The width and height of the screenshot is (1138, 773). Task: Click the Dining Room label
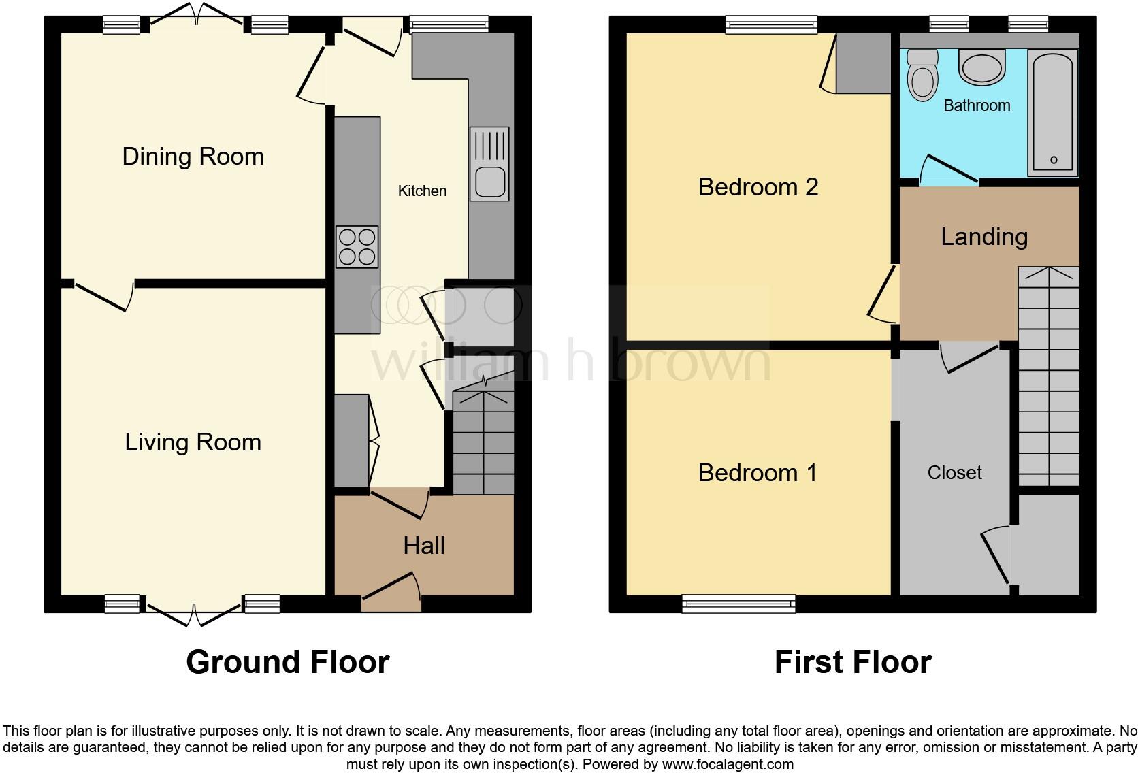pyautogui.click(x=193, y=157)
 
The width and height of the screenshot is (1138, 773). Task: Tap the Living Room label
pyautogui.click(x=193, y=442)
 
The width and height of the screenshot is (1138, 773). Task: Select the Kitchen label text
pyautogui.click(x=422, y=191)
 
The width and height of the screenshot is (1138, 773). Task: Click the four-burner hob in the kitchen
pyautogui.click(x=357, y=246)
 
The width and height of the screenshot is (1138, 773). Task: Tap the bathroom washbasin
pyautogui.click(x=981, y=67)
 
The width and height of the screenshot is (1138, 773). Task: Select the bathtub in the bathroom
pyautogui.click(x=1052, y=112)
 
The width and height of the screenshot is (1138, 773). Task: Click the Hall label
pyautogui.click(x=424, y=546)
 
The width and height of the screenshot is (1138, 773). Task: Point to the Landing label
pyautogui.click(x=984, y=237)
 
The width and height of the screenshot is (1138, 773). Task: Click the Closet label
pyautogui.click(x=954, y=473)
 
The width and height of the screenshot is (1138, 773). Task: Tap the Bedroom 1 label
pyautogui.click(x=758, y=473)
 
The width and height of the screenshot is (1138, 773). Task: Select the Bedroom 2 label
pyautogui.click(x=758, y=187)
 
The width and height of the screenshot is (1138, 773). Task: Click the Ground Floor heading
pyautogui.click(x=287, y=662)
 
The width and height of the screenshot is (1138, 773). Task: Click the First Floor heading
pyautogui.click(x=853, y=662)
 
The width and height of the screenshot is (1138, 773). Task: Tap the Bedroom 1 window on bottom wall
pyautogui.click(x=738, y=604)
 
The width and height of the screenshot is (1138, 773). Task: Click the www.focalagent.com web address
pyautogui.click(x=727, y=764)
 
